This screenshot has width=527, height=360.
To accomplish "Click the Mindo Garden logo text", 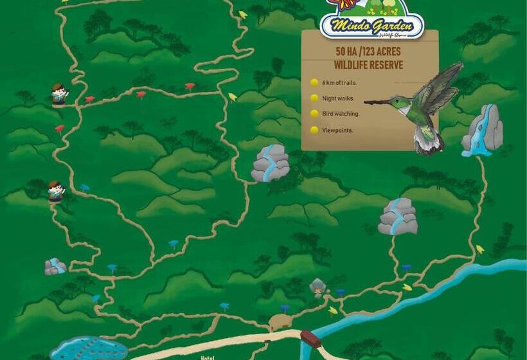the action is [371, 26].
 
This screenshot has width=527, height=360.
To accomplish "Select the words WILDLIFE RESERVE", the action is [368, 65].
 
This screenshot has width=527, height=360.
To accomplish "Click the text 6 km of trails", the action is [339, 83].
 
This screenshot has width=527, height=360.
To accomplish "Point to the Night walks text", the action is [338, 98].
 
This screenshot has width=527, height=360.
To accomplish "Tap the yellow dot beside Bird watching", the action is [314, 114].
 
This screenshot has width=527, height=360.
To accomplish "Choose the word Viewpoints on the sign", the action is [337, 130].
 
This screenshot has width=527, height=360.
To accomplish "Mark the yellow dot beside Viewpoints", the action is [314, 130].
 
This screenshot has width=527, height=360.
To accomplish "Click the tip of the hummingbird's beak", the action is [366, 102].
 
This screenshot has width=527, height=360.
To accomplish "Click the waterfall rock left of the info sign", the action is [270, 163].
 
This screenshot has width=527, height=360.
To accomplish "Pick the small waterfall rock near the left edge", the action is [55, 266].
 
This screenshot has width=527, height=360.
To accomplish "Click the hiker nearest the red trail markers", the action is [59, 94].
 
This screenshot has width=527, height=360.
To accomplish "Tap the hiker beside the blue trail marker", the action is [56, 191].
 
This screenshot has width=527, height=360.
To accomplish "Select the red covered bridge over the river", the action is [310, 339].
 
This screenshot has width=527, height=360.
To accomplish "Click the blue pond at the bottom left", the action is [89, 350].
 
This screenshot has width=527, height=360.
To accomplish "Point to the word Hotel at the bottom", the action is [207, 357].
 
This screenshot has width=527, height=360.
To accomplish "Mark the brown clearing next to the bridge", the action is [280, 322].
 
